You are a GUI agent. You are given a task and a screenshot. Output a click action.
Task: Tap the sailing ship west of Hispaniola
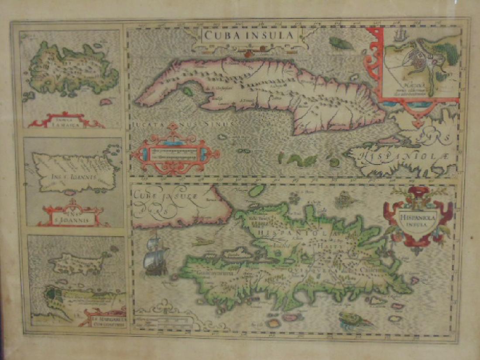point(156,257)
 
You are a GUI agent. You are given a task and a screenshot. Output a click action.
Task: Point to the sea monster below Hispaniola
point(356,321)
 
